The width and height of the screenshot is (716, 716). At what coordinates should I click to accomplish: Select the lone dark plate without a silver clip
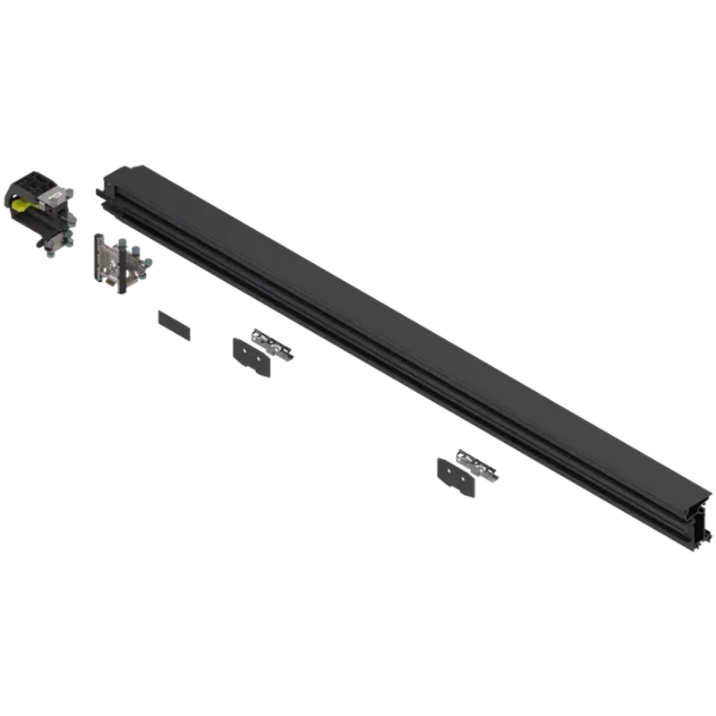tap(174, 326)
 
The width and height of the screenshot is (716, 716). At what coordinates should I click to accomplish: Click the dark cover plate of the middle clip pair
tap(250, 357)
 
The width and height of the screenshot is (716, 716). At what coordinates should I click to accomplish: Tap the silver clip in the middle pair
tap(272, 344)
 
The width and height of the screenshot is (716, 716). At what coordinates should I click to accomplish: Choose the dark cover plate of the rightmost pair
tap(458, 474)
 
